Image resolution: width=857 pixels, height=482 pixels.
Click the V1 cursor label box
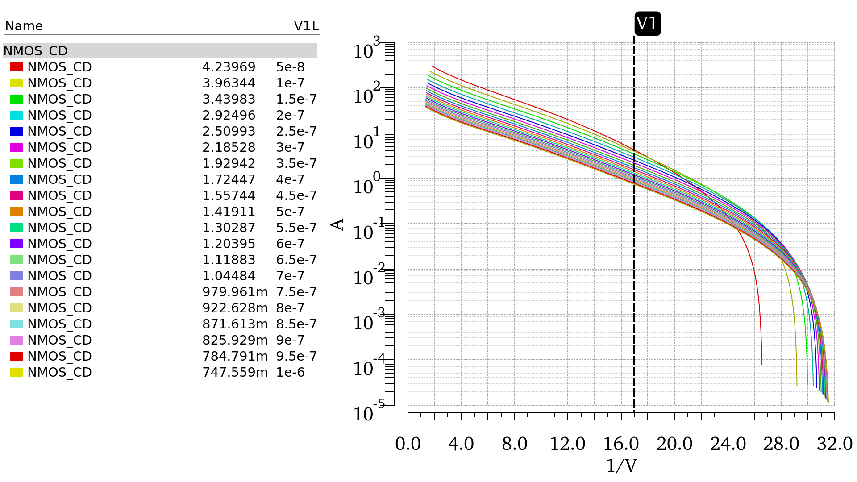pyautogui.click(x=647, y=24)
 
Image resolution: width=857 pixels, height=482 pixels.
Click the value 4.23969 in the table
pyautogui.click(x=229, y=67)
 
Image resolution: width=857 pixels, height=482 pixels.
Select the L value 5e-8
pyautogui.click(x=290, y=67)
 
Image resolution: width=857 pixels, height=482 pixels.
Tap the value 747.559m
pyautogui.click(x=235, y=372)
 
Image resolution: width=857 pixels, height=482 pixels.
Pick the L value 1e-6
pyautogui.click(x=290, y=372)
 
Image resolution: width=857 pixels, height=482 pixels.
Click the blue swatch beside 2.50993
pyautogui.click(x=17, y=131)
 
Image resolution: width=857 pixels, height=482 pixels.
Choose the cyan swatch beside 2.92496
pyautogui.click(x=17, y=115)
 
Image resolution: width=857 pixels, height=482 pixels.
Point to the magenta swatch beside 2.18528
pyautogui.click(x=17, y=147)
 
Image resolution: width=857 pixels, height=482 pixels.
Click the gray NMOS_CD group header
pyautogui.click(x=160, y=51)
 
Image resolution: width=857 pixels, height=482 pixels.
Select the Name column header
pyautogui.click(x=24, y=26)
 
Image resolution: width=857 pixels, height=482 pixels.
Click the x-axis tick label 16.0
pyautogui.click(x=621, y=444)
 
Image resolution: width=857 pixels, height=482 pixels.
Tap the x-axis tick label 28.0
pyautogui.click(x=781, y=444)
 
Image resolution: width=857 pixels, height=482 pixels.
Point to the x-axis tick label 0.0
pyautogui.click(x=408, y=444)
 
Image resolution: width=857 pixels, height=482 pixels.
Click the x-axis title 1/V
pyautogui.click(x=621, y=465)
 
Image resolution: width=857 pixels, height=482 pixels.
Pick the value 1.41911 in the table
pyautogui.click(x=229, y=212)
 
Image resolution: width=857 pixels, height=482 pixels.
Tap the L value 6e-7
pyautogui.click(x=290, y=244)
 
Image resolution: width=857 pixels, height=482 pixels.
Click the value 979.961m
pyautogui.click(x=235, y=292)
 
